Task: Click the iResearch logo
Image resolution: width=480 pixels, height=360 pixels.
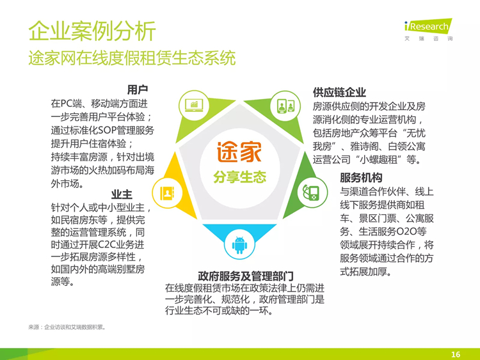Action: point(429,29)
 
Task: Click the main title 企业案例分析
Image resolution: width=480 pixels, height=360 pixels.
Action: point(92,31)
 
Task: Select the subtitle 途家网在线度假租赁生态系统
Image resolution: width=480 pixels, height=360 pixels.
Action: point(132,58)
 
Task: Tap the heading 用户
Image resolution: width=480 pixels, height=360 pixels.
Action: point(138,90)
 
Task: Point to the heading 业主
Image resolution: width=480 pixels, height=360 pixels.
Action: point(122,194)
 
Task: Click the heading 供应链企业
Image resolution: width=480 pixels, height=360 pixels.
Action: point(339,92)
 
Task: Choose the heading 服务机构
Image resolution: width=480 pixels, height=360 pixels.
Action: point(361,178)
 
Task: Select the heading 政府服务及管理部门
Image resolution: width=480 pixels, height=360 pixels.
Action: point(246,276)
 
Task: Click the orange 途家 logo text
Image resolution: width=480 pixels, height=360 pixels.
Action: point(239,152)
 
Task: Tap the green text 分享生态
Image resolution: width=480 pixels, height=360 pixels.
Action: point(240,176)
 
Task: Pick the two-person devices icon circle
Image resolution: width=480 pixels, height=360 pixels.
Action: point(285,106)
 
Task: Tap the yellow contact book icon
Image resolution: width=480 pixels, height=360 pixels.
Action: point(167,193)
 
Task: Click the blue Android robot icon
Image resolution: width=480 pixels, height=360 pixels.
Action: point(239,244)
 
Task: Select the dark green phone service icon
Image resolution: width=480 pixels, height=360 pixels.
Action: point(312,192)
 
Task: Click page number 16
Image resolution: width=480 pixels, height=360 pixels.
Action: point(456,354)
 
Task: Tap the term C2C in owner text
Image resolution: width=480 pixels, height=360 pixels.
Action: point(106,245)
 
